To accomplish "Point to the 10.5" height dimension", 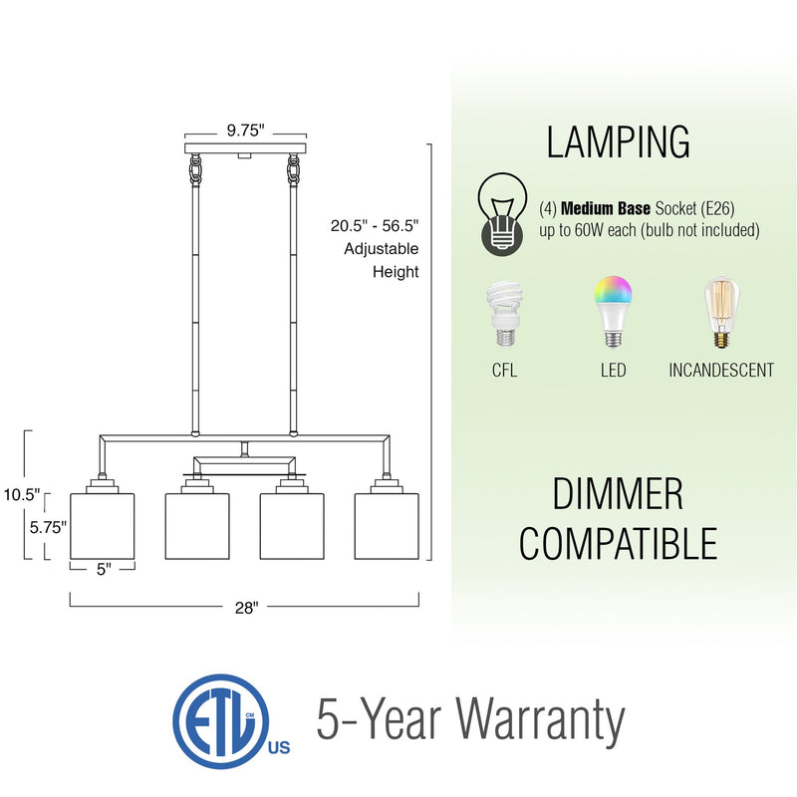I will pos(21,494).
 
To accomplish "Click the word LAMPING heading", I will pos(618,141).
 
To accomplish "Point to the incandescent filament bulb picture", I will pos(721,313).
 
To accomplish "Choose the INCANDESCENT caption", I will pos(721,371).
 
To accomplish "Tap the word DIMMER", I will pos(618,495).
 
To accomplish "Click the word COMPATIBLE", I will pos(618,544).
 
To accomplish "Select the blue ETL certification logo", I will pos(213,719).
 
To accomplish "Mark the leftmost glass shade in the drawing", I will pos(102,524).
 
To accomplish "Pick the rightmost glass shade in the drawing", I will pos(387,524).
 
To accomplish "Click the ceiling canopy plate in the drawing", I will pos(243,149).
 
